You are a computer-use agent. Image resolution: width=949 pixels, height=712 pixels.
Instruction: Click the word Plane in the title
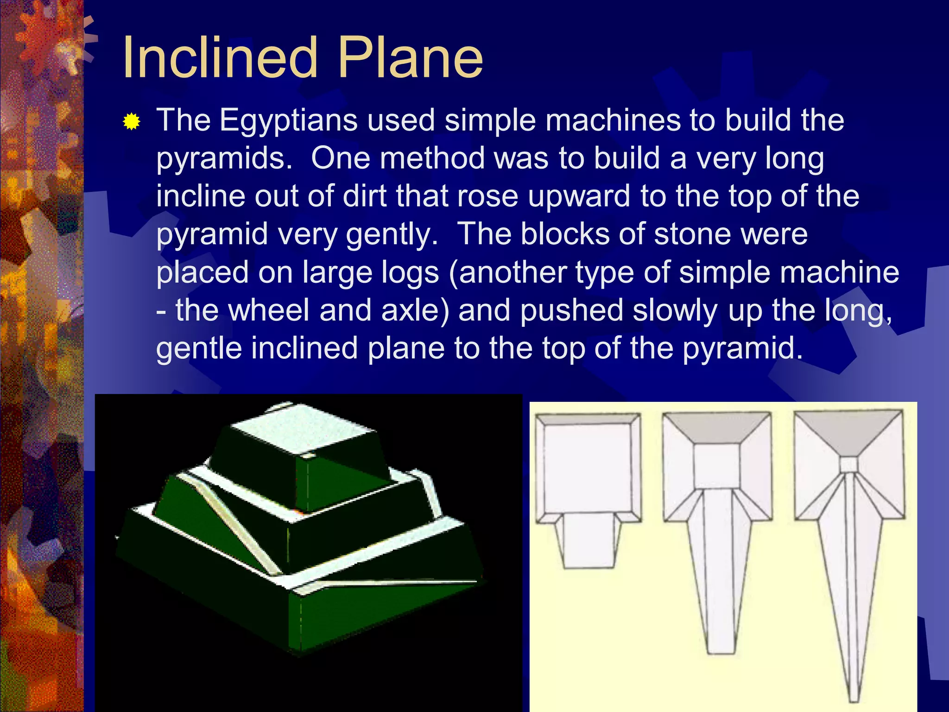(x=410, y=58)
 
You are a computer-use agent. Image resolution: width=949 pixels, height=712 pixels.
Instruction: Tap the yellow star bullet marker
(x=132, y=122)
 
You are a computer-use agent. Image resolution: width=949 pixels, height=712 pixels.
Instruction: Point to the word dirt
(x=364, y=196)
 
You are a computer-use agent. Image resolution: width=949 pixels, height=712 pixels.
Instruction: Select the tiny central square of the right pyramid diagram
(x=849, y=464)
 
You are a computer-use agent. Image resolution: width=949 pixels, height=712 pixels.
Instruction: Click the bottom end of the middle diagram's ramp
(x=721, y=647)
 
